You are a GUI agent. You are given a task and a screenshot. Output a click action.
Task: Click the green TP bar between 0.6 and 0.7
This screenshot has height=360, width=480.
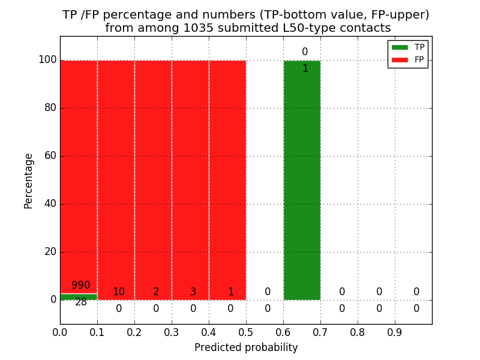[302, 180]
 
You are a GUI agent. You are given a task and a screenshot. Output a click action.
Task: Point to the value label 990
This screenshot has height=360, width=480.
[80, 286]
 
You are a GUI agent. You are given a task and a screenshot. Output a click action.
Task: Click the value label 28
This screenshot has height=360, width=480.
[81, 302]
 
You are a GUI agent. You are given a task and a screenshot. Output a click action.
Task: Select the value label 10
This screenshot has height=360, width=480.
[119, 292]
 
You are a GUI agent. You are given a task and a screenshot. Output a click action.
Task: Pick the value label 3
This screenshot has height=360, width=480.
[193, 292]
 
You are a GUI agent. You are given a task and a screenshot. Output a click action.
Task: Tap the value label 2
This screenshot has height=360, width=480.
[156, 292]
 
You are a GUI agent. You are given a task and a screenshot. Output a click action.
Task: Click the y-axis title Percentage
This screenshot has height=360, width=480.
[29, 181]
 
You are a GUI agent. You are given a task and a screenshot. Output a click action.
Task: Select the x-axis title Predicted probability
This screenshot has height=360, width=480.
[246, 347]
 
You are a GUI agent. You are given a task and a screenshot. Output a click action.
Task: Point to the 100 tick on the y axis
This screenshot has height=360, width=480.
[47, 60]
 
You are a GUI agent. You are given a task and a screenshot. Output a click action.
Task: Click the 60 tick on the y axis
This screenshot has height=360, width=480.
[50, 156]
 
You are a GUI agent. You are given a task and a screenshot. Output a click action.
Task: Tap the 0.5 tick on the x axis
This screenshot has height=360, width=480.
[246, 331]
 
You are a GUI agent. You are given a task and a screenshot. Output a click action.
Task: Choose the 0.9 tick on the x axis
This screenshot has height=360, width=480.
[395, 331]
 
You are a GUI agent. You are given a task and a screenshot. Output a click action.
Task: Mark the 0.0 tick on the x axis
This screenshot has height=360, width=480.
[60, 331]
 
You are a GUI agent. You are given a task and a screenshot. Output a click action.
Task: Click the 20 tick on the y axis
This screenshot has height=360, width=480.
[50, 252]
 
